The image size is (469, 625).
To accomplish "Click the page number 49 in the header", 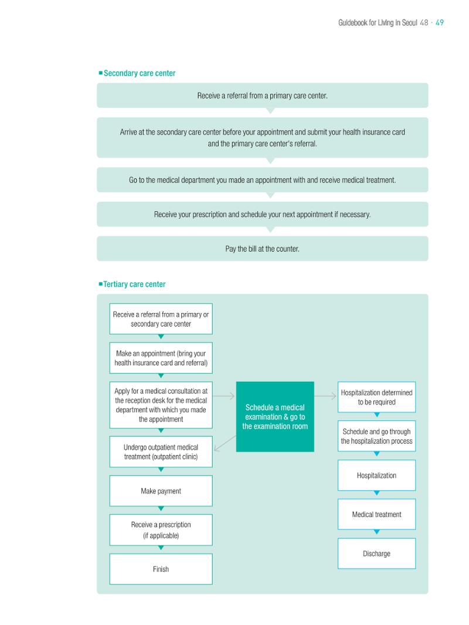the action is (440, 23).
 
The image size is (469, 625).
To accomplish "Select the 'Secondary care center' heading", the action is (140, 73).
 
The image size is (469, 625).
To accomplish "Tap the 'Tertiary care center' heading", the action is (134, 284).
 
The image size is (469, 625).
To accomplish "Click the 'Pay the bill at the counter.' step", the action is (262, 249).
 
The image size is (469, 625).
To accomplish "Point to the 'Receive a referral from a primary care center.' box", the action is (262, 96).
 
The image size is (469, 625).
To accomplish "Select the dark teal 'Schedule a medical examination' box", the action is (275, 416).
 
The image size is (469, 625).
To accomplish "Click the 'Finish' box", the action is (161, 569).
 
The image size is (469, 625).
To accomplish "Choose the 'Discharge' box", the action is (376, 553).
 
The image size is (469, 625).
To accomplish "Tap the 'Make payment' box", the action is (161, 491).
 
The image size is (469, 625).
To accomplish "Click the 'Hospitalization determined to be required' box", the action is (376, 398).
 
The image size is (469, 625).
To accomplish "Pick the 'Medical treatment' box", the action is (376, 515).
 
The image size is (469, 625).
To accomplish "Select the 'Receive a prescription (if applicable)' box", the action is (161, 530).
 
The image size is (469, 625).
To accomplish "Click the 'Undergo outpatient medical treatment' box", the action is (161, 452).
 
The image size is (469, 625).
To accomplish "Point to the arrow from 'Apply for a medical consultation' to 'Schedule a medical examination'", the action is (224, 396).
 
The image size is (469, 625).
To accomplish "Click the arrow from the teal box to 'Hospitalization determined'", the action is (325, 396).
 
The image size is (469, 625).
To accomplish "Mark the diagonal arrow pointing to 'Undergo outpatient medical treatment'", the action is (225, 444).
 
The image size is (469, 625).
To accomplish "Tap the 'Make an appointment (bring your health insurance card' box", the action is (161, 358).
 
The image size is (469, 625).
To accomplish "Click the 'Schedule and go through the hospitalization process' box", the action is (376, 436).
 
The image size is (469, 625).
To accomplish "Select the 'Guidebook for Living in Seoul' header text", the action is (378, 23).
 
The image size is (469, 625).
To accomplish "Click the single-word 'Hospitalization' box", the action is (376, 475).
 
